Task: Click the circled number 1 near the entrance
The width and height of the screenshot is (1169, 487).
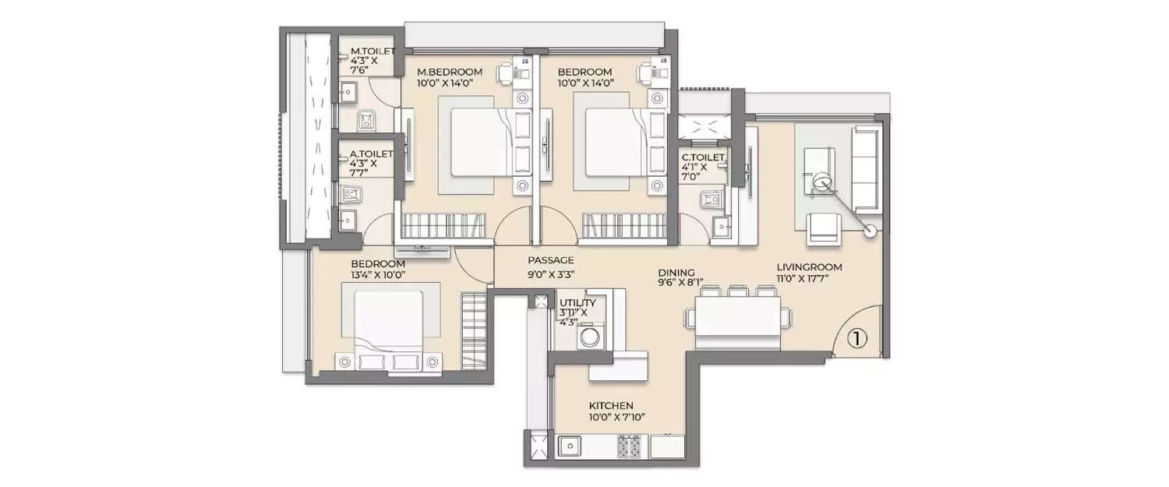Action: coord(856,338)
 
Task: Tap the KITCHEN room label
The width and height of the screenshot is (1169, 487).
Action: coord(610,406)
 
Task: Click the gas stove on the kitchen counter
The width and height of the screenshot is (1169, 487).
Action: coord(628,448)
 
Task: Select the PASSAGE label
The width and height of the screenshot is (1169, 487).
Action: coord(550,260)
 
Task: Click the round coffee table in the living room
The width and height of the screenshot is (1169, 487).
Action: coord(822,182)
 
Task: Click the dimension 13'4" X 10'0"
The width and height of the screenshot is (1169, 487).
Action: coord(378,274)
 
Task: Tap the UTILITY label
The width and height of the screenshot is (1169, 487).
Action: coord(577,303)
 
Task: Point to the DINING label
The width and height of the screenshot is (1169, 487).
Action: coord(675,272)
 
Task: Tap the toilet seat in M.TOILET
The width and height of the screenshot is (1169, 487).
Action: coord(365,120)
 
